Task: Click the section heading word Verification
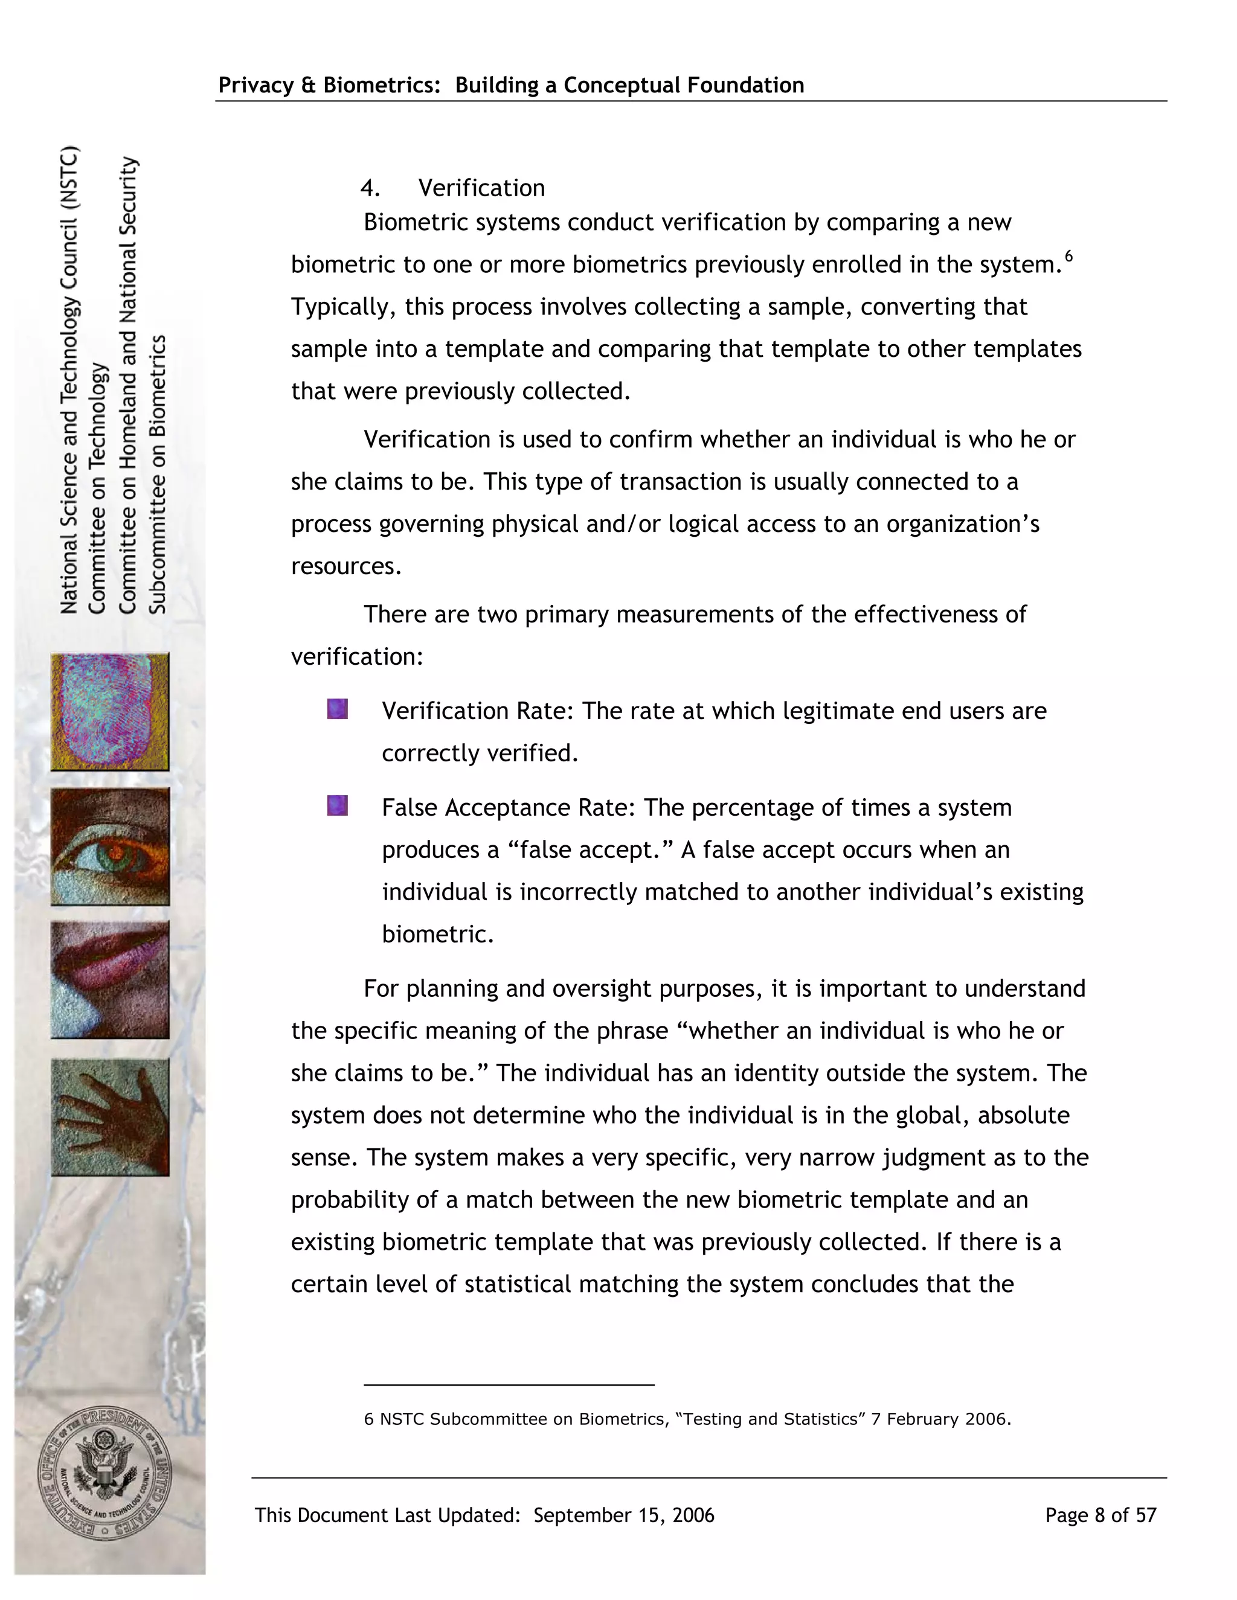click(481, 188)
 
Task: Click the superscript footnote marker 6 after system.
click(1069, 255)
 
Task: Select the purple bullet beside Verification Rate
click(337, 709)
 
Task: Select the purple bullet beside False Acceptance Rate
click(337, 806)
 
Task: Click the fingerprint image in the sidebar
click(110, 712)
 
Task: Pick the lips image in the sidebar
click(110, 980)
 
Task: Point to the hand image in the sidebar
click(110, 1117)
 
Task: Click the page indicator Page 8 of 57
click(1100, 1515)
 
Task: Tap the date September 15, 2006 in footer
click(623, 1515)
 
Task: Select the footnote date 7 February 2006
click(940, 1419)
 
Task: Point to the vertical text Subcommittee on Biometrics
click(158, 474)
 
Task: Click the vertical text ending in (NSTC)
click(69, 380)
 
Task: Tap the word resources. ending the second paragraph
click(346, 566)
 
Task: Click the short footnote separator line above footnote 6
click(509, 1384)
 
